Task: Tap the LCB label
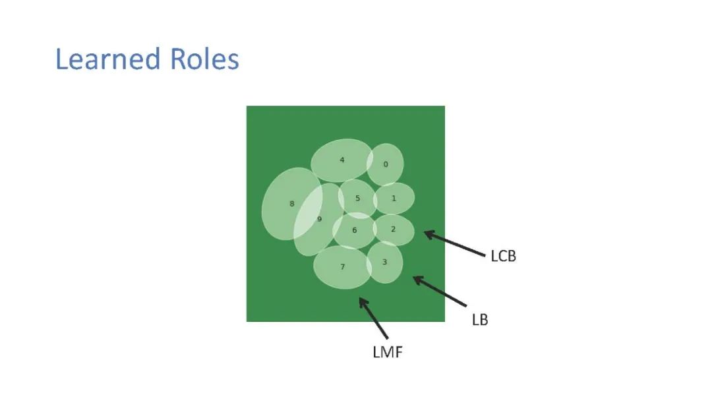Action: click(x=503, y=256)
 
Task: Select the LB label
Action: click(x=480, y=320)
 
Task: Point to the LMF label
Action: click(x=388, y=352)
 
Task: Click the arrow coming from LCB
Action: click(x=454, y=242)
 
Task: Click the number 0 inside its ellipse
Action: click(x=386, y=164)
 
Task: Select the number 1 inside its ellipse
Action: click(x=394, y=198)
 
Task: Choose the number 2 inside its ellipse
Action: click(x=393, y=229)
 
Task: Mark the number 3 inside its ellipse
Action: click(x=384, y=262)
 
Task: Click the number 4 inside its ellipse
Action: click(x=341, y=160)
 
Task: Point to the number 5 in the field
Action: click(x=357, y=198)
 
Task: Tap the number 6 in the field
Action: click(x=354, y=230)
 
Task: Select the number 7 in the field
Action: click(x=342, y=266)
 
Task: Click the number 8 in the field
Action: click(x=292, y=204)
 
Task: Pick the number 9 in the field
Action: click(x=319, y=219)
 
